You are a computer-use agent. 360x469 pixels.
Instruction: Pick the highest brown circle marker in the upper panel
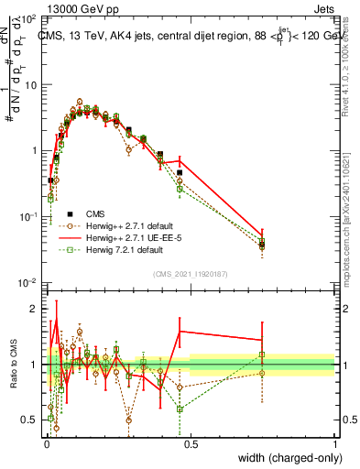[x=80, y=102]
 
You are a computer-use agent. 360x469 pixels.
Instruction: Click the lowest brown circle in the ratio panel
[x=56, y=427]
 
